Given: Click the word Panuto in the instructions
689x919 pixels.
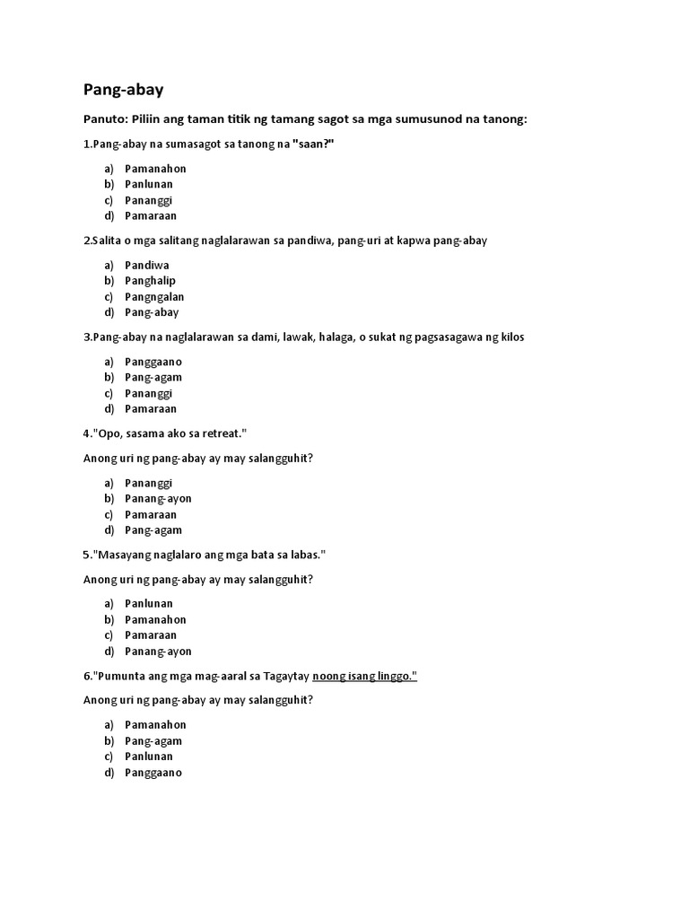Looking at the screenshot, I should [x=104, y=119].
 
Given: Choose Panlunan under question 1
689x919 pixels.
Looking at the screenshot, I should [x=149, y=184].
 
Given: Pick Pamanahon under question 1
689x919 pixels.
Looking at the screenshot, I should [x=155, y=169].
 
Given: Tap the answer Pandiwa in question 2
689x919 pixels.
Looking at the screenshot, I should [x=147, y=265].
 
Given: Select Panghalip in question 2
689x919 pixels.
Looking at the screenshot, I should [x=150, y=281].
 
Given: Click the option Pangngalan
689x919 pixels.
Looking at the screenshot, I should [x=154, y=296].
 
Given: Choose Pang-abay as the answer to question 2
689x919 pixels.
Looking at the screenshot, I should [x=152, y=312].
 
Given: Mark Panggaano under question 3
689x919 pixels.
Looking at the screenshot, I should [x=153, y=362].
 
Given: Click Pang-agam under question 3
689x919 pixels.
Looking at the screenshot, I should [x=153, y=377].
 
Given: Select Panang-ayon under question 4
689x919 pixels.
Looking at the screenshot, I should [x=158, y=498].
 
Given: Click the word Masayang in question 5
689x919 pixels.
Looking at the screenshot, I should [x=122, y=555].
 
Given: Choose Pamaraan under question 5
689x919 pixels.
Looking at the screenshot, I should [x=151, y=635].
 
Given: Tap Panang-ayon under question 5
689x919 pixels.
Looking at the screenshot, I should [x=158, y=651].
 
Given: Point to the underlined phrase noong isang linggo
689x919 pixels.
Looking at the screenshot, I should [x=364, y=676].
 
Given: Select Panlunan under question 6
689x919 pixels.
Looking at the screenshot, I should [x=149, y=757].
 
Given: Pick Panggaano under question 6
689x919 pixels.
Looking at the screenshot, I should [x=153, y=772].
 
